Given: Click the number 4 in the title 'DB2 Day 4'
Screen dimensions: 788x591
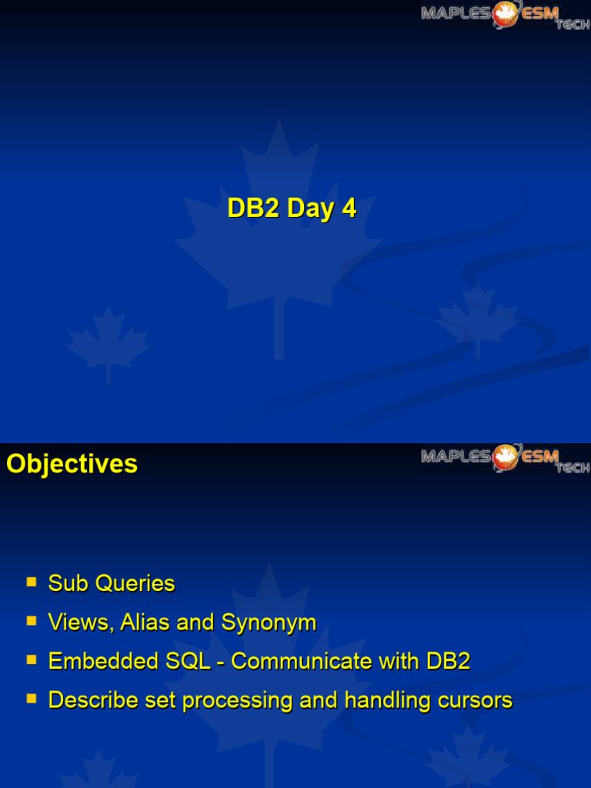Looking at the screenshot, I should click(x=349, y=209).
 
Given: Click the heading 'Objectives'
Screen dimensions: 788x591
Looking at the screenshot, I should click(x=72, y=464).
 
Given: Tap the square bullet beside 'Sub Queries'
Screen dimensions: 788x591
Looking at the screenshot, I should click(x=32, y=582).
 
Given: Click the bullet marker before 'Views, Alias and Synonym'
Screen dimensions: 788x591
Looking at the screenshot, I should click(x=32, y=620).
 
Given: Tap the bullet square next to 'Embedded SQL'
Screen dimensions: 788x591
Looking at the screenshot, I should click(x=32, y=659).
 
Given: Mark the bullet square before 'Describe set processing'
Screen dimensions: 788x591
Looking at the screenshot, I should click(x=32, y=699).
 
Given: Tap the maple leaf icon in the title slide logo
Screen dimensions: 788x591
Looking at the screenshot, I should click(x=505, y=13).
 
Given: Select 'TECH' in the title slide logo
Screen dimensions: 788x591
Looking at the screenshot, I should click(x=573, y=25).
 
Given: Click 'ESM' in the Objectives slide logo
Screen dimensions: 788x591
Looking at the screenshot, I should click(x=540, y=456).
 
